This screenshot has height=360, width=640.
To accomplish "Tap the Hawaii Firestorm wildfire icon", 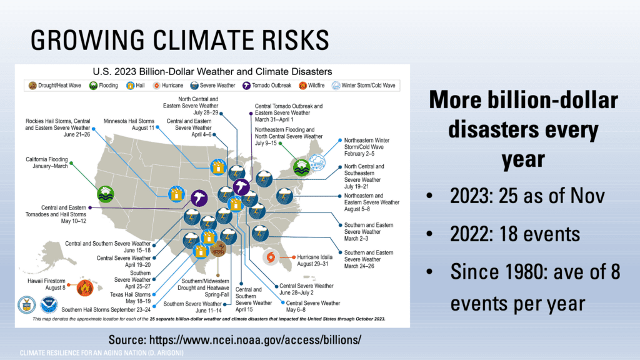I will point(84,287).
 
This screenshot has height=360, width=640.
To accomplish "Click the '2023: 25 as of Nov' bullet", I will point(527,196).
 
